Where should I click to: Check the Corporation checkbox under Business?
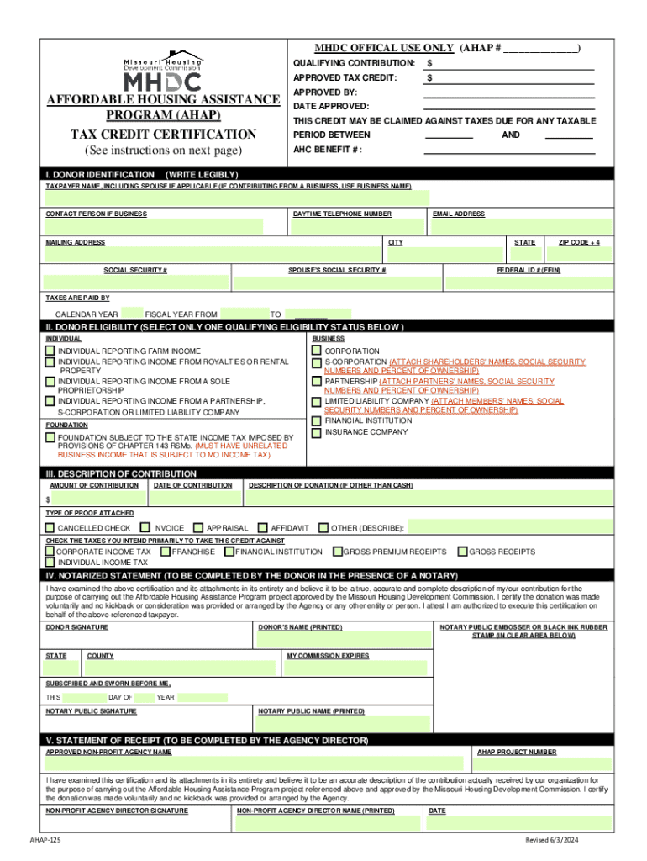pyautogui.click(x=317, y=351)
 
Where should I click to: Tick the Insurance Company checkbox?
pyautogui.click(x=317, y=432)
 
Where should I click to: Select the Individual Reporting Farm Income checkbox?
pyautogui.click(x=50, y=351)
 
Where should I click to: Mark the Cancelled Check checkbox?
pyautogui.click(x=50, y=528)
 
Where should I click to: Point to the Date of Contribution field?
pyautogui.click(x=194, y=499)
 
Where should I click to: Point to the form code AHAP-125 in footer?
pyautogui.click(x=45, y=840)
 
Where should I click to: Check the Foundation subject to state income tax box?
pyautogui.click(x=50, y=438)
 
